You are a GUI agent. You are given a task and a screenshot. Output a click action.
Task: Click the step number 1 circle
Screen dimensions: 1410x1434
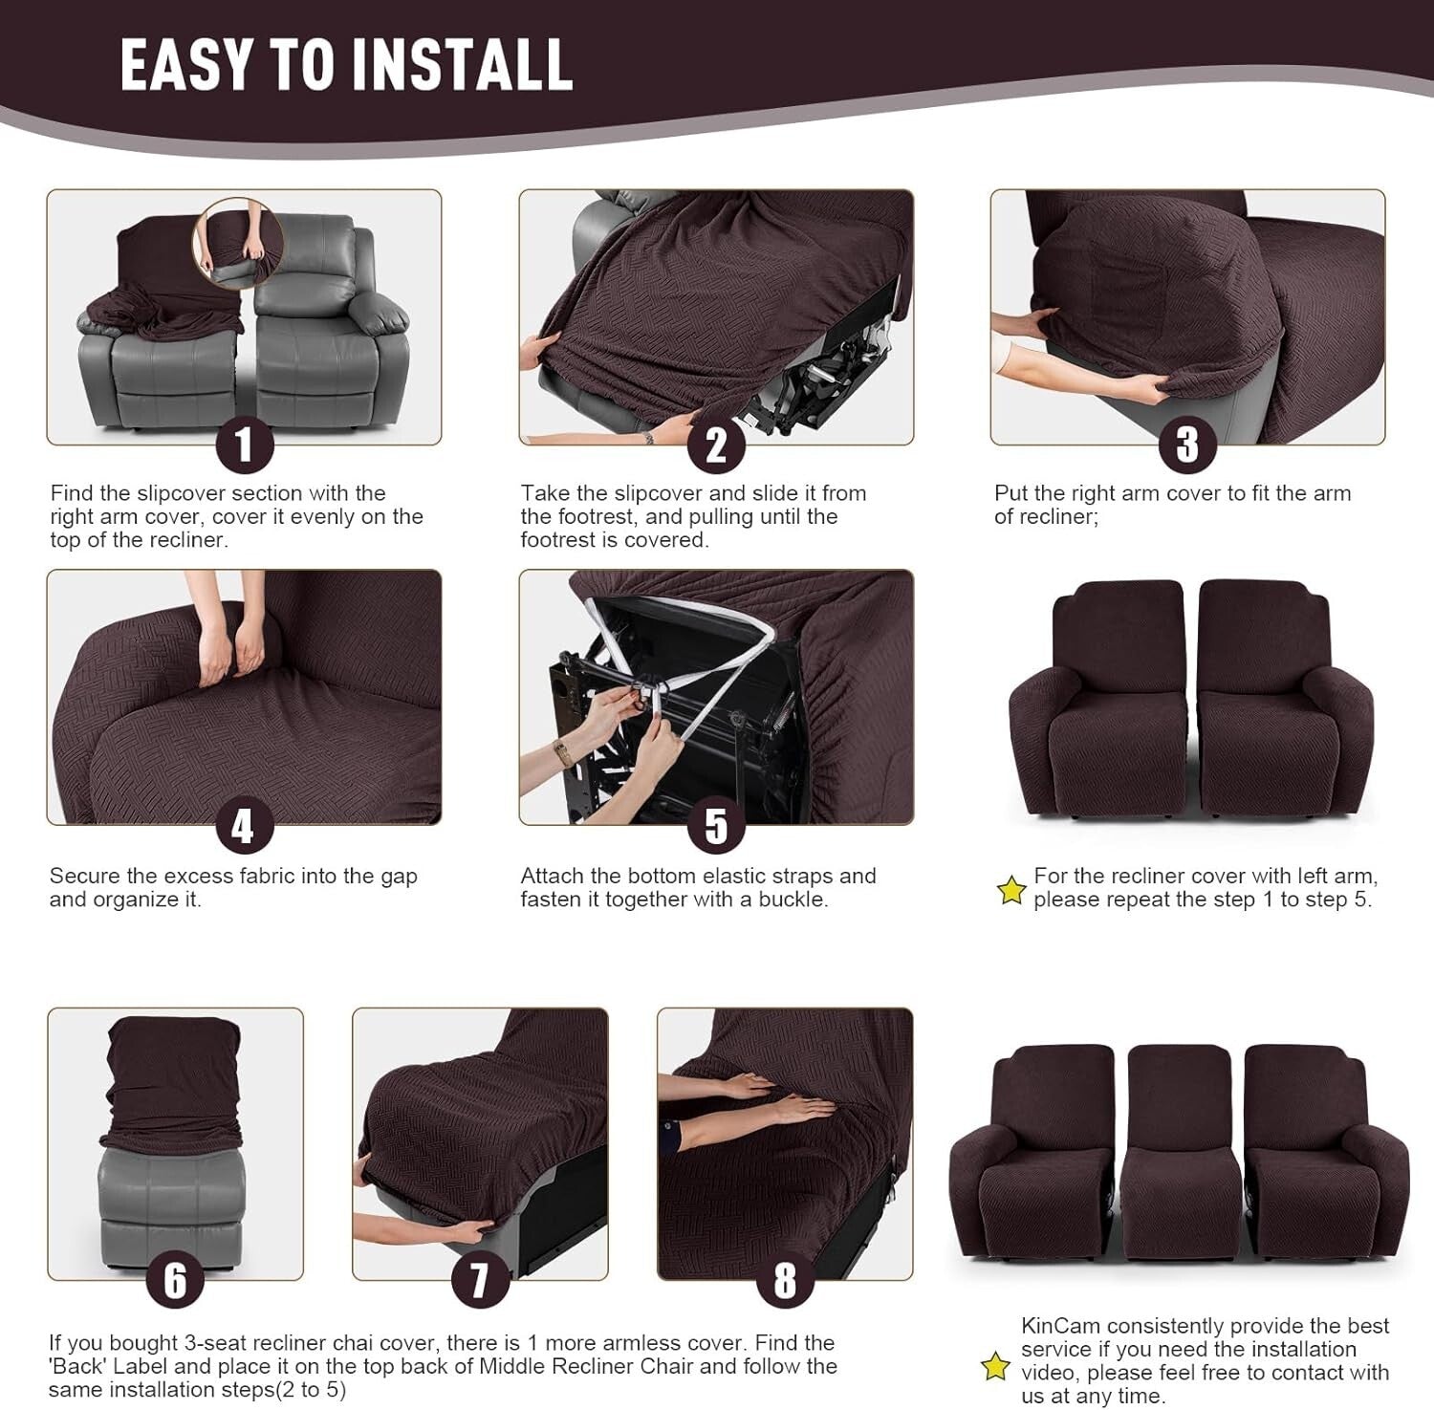(x=244, y=445)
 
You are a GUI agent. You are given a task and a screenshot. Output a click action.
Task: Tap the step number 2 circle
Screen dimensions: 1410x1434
(x=716, y=445)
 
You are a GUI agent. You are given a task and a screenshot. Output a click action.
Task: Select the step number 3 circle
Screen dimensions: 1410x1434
(x=1187, y=445)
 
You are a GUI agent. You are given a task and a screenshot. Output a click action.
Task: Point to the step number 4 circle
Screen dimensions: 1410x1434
(x=244, y=826)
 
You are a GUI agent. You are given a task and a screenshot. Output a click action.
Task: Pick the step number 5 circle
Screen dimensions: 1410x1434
(x=716, y=826)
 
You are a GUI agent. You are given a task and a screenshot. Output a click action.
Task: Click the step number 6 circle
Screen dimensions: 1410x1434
(x=175, y=1279)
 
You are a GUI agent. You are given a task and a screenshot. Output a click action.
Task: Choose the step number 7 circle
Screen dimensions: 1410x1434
(x=480, y=1279)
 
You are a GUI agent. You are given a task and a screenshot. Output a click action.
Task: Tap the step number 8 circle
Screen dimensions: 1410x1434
(x=785, y=1279)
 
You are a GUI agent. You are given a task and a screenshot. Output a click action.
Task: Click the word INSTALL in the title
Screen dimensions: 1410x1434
(x=463, y=65)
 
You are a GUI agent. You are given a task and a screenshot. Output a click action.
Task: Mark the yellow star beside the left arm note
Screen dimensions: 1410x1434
(x=1010, y=891)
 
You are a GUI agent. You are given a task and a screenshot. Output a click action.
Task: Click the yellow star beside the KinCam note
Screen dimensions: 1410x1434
(x=996, y=1366)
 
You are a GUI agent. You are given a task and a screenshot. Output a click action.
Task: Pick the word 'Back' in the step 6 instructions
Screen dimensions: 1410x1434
(x=78, y=1366)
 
